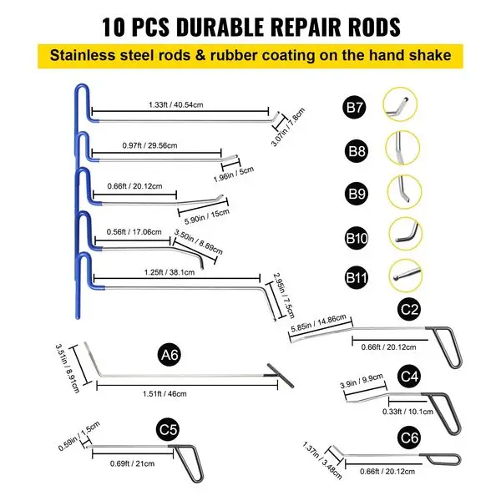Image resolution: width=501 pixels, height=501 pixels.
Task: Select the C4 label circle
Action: pos(407,377)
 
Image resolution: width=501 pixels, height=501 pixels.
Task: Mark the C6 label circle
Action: pos(407,435)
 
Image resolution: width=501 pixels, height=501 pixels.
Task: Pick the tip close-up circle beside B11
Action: pos(402,274)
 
